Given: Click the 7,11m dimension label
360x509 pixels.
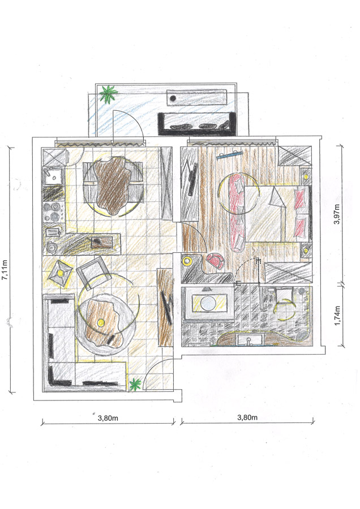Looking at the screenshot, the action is point(5,269).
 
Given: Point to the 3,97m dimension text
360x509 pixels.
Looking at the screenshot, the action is point(337,214).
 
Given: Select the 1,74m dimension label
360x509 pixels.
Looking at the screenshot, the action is point(337,316).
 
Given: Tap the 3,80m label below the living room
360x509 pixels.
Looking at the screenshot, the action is point(108,418).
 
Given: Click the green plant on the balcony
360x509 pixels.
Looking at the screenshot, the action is point(108,93).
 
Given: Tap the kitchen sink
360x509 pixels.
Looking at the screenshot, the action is point(53,176).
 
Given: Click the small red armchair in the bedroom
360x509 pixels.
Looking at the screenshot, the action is point(216,261).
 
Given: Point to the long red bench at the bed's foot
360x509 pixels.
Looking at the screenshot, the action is point(238,212).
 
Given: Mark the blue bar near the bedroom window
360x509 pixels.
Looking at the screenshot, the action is point(230,155).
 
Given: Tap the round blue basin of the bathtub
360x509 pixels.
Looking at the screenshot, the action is point(208,303).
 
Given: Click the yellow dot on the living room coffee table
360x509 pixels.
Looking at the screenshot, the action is point(101,322).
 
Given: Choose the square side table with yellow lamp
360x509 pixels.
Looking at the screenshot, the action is point(60,273).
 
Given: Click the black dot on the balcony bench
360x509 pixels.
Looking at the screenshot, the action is point(173,98).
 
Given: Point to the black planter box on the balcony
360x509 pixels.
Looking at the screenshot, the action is point(196,124).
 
